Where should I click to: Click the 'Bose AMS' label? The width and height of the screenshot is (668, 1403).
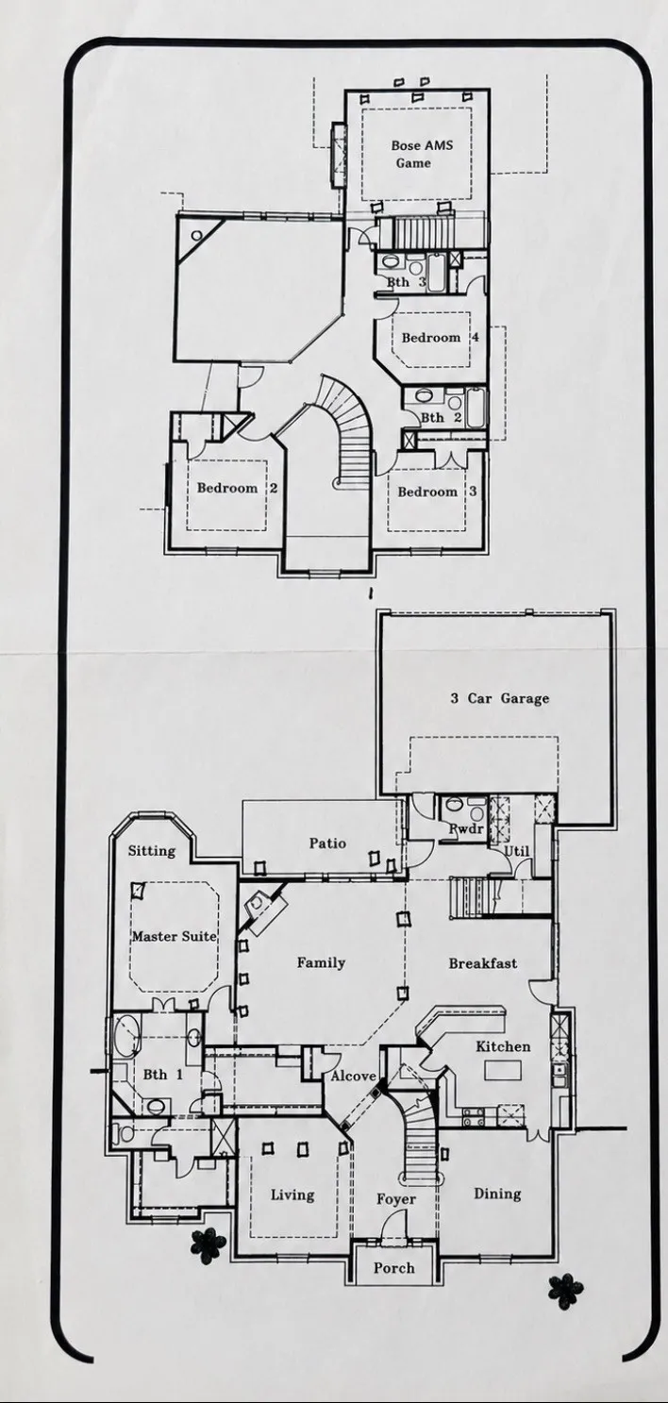422,145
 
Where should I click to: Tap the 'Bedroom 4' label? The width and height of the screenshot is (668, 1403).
440,338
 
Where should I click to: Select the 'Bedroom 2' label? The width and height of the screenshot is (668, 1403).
237,488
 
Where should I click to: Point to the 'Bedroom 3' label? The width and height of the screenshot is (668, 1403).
437,492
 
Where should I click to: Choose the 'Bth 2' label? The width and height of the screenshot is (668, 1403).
442,417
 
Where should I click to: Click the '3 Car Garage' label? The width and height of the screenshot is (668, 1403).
500,698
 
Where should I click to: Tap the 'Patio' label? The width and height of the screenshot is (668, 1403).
327,843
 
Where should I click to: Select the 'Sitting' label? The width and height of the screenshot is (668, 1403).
152,850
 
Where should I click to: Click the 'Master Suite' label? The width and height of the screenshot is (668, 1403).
174,937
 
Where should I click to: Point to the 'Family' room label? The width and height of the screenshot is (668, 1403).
321,962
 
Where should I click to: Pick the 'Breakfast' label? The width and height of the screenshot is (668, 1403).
483,962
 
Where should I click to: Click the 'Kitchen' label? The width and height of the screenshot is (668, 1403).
503,1046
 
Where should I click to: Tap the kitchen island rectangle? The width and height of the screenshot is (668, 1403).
503,1069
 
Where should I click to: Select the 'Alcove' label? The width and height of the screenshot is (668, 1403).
354,1076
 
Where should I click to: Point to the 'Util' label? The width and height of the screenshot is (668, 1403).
517,851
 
